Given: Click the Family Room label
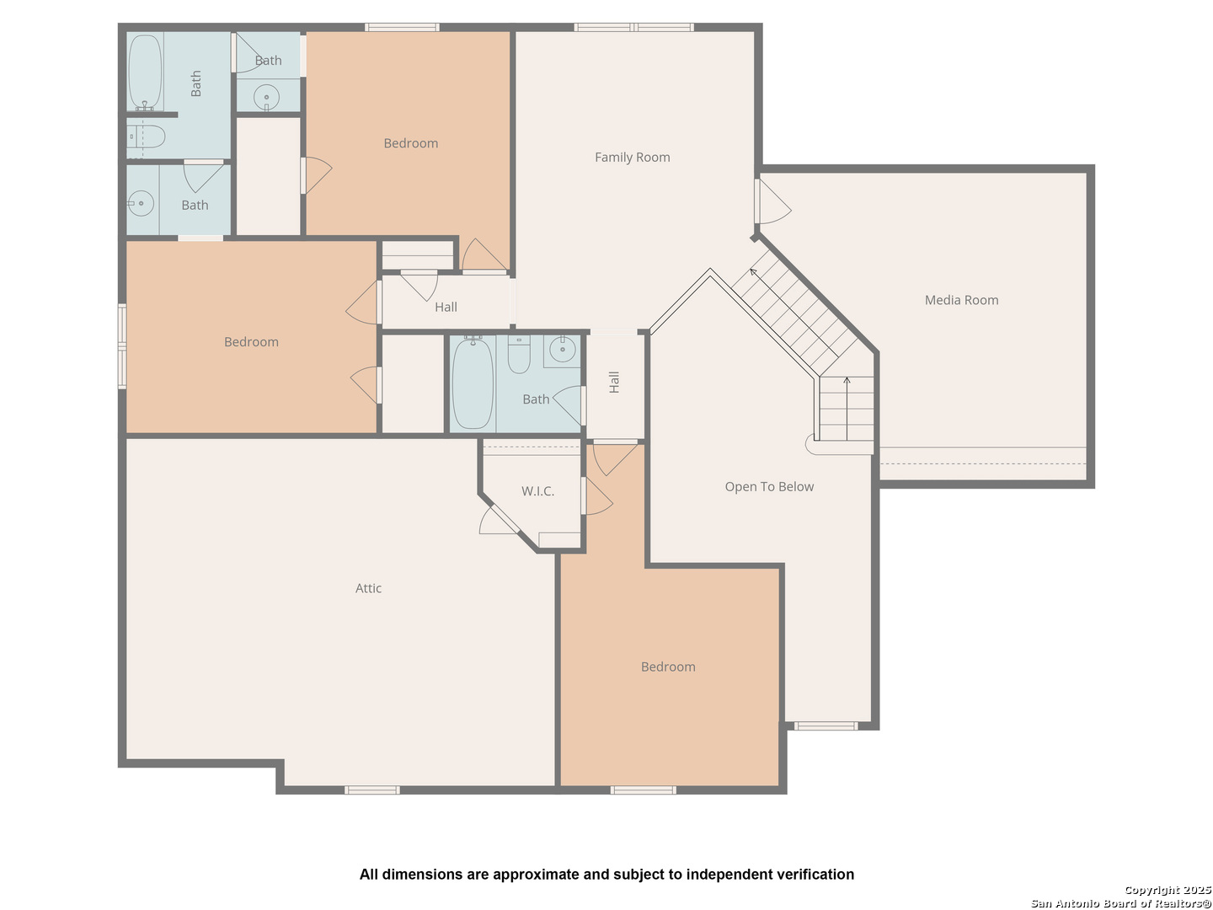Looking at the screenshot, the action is click(x=632, y=158).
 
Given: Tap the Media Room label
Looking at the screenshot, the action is click(x=961, y=300).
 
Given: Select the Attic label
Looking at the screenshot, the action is click(x=368, y=588).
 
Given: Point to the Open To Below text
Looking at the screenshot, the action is click(x=769, y=487).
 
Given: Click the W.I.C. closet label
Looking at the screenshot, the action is click(x=537, y=491).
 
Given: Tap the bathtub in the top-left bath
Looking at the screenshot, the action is click(x=145, y=72).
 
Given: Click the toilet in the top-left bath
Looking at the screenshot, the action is click(x=147, y=136).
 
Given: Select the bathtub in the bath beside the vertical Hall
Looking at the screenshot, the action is click(x=473, y=383).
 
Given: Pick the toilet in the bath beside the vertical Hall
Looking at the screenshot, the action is click(x=518, y=355).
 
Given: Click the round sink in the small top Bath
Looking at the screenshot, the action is click(x=266, y=98).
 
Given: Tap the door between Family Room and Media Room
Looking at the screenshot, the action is click(x=772, y=201).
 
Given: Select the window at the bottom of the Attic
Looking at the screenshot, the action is click(x=372, y=790).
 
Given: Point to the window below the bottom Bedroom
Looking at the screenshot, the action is click(x=643, y=790).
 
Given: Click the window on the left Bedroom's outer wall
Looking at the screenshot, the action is click(x=122, y=345).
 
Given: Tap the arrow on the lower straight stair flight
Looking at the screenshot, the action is click(x=847, y=409).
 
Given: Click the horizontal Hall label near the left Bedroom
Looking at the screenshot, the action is click(x=446, y=308).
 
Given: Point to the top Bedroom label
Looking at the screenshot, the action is click(x=410, y=143).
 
